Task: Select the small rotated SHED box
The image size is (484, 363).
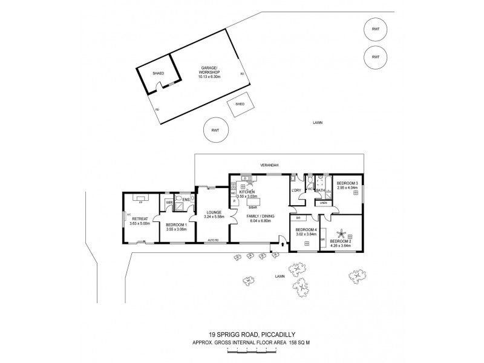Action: point(240,103)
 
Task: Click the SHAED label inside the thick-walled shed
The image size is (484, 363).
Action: point(158,73)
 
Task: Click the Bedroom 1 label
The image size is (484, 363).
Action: point(175,225)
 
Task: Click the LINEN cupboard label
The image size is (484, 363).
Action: point(323,203)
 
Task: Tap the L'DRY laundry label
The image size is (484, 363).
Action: point(296,191)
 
